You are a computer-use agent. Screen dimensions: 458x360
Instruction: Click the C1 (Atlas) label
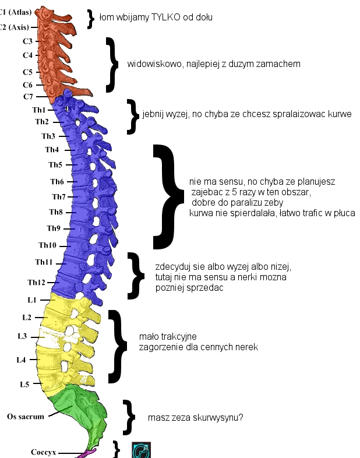[x=14, y=12]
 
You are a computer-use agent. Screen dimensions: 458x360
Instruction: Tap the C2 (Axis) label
[x=14, y=27]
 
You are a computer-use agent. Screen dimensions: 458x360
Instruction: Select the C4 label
[x=27, y=55]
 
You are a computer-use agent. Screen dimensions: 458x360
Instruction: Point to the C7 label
[x=28, y=96]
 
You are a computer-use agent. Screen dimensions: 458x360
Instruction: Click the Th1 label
[x=39, y=110]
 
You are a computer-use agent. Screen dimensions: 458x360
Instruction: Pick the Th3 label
[x=48, y=136]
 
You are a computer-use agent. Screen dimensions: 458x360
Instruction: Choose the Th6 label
[x=57, y=181]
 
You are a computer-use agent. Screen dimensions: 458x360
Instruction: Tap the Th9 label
[x=53, y=228]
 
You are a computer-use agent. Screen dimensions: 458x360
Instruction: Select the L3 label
[x=22, y=336]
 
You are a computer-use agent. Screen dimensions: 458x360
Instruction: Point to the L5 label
[x=24, y=385]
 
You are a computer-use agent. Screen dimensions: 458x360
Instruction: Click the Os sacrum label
[x=25, y=417]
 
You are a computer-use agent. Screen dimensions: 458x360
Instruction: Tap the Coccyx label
[x=43, y=452]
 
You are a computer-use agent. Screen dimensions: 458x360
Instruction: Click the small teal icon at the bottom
[x=142, y=450]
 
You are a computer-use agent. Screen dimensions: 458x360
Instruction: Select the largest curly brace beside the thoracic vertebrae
[x=170, y=197]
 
